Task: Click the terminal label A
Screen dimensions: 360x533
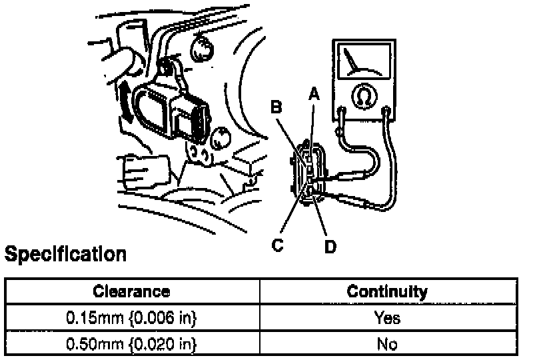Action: click(x=313, y=95)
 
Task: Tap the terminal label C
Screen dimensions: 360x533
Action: click(x=278, y=245)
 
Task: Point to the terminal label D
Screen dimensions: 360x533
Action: click(x=330, y=247)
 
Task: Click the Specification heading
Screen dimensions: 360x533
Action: click(x=65, y=254)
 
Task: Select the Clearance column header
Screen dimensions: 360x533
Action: click(x=131, y=291)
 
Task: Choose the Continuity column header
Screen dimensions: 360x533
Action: click(x=387, y=291)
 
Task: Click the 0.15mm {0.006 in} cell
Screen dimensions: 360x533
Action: click(x=131, y=318)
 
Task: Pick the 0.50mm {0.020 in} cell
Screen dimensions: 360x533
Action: click(x=131, y=344)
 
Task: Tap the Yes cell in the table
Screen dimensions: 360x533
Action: click(x=387, y=318)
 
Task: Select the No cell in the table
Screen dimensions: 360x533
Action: click(x=387, y=344)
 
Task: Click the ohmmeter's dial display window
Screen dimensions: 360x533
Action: click(x=362, y=61)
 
